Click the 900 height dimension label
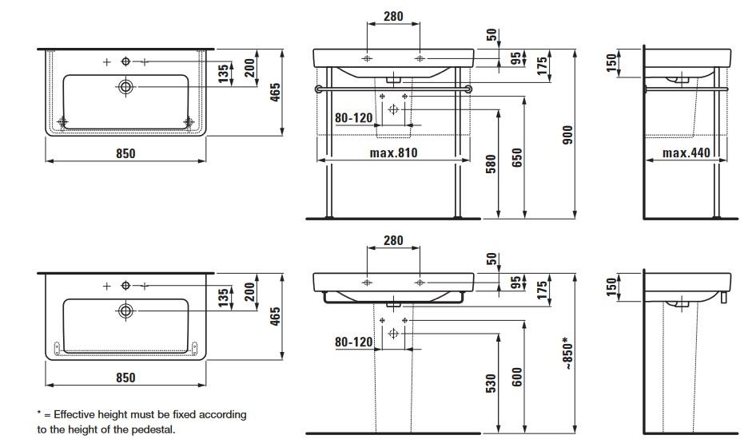(568, 135)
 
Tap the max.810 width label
(393, 153)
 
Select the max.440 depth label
(686, 153)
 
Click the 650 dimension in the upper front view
(517, 158)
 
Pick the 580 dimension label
(491, 164)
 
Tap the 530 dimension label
(491, 384)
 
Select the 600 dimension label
(517, 377)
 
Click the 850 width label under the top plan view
(125, 153)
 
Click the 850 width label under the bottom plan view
(125, 378)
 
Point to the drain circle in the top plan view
(125, 87)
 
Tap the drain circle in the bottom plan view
(125, 310)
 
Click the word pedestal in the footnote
(150, 429)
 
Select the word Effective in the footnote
(74, 414)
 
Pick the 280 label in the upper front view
(393, 17)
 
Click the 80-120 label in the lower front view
(354, 342)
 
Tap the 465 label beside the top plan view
(275, 93)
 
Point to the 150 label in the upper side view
(611, 62)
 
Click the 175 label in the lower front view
(542, 291)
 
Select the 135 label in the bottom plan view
(223, 298)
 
